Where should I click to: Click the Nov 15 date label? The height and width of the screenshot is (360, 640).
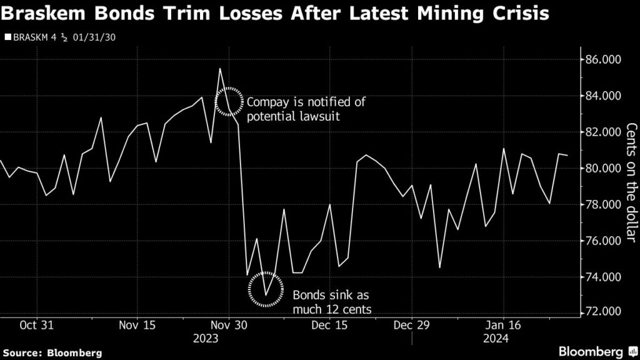[x=136, y=325]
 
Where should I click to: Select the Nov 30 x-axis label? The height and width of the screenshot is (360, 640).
[x=229, y=325]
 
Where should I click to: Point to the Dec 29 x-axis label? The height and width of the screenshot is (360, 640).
[x=412, y=325]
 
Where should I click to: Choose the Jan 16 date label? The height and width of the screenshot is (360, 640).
[x=504, y=325]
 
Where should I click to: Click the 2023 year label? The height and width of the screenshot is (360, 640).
[x=206, y=338]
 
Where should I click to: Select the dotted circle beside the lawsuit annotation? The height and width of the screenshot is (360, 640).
[x=229, y=101]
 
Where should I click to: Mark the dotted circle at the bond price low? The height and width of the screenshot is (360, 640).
[x=266, y=289]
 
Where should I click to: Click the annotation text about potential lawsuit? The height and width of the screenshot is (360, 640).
[x=306, y=109]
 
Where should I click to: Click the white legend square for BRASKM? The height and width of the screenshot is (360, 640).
[x=7, y=37]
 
